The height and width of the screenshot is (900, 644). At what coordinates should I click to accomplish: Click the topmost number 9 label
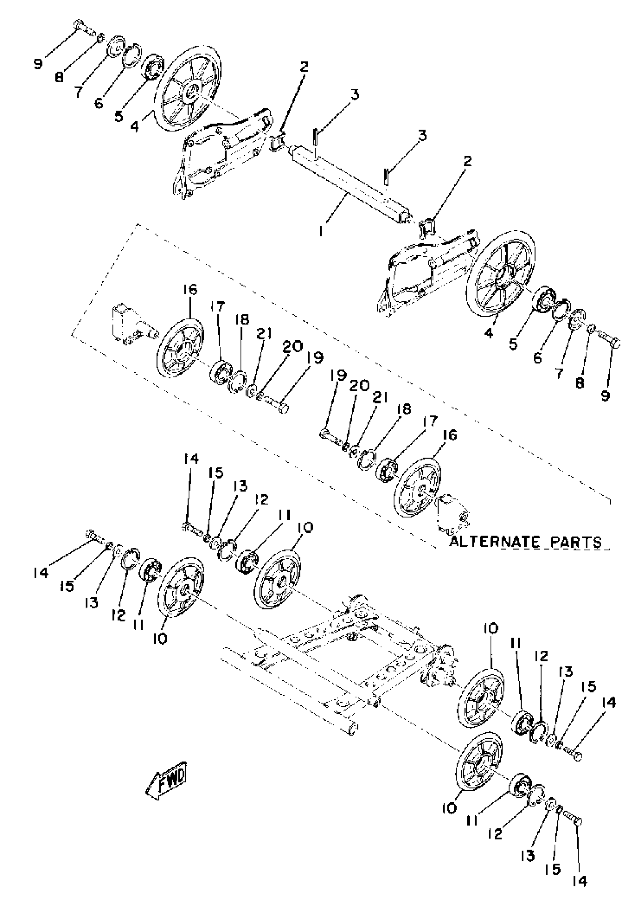38,63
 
